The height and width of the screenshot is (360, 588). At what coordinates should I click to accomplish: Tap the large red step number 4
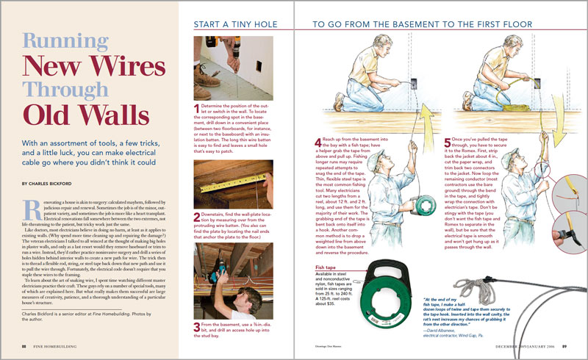[318, 141]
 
